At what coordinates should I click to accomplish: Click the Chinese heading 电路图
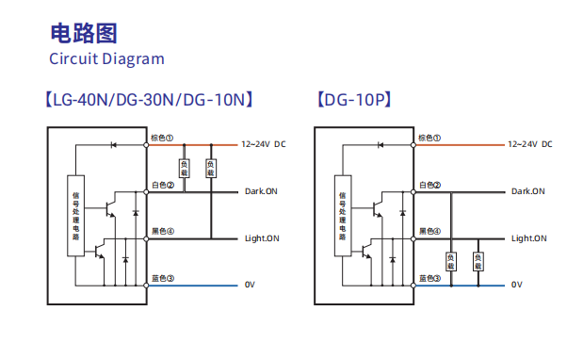pyautogui.click(x=84, y=33)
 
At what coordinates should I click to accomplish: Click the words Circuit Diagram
pyautogui.click(x=106, y=59)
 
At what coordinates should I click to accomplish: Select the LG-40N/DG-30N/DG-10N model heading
pyautogui.click(x=149, y=100)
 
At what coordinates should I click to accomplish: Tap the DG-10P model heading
pyautogui.click(x=354, y=100)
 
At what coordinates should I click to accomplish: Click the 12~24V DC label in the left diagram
pyautogui.click(x=264, y=144)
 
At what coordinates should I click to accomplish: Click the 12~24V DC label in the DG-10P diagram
pyautogui.click(x=530, y=144)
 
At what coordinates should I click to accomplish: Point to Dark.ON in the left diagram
pyautogui.click(x=261, y=191)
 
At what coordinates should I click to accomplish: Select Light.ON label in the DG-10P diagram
pyautogui.click(x=529, y=238)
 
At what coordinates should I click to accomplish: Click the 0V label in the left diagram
pyautogui.click(x=250, y=285)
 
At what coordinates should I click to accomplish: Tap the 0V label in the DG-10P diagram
pyautogui.click(x=517, y=285)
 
